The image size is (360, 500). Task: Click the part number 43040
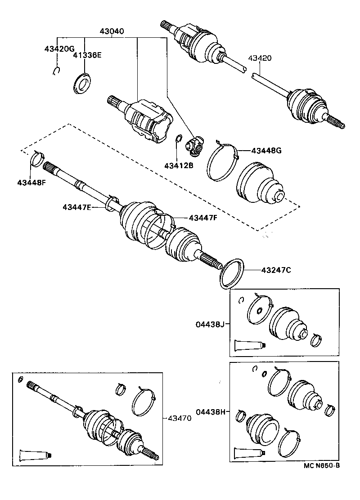tap(112, 32)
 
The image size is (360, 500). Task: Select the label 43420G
tap(59, 49)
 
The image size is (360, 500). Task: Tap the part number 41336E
tap(88, 55)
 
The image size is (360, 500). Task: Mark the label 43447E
tap(77, 207)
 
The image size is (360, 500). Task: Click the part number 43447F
tap(203, 218)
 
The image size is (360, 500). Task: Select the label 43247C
tap(276, 270)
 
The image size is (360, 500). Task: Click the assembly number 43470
tap(180, 418)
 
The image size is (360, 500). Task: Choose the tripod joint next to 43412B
tap(194, 145)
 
